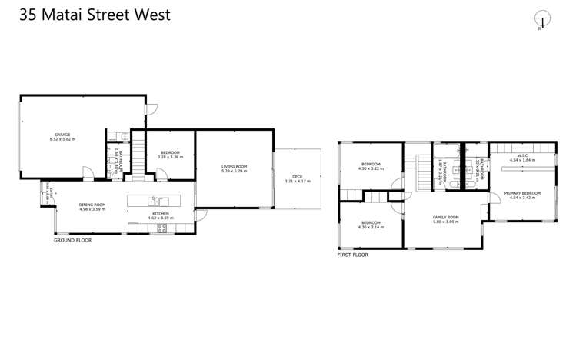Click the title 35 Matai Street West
(86, 15)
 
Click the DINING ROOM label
(92, 205)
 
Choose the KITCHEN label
(160, 213)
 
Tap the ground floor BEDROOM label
(168, 152)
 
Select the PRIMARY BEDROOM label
(522, 193)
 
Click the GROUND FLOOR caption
(72, 240)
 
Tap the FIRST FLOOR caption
(353, 254)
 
